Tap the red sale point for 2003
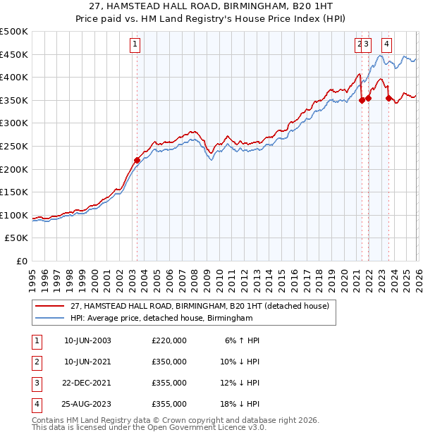click(x=137, y=160)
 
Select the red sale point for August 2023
click(x=388, y=98)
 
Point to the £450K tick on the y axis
click(x=14, y=54)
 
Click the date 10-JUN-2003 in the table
click(x=87, y=341)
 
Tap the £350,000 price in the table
click(x=168, y=362)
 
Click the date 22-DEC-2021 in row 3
click(x=87, y=383)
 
